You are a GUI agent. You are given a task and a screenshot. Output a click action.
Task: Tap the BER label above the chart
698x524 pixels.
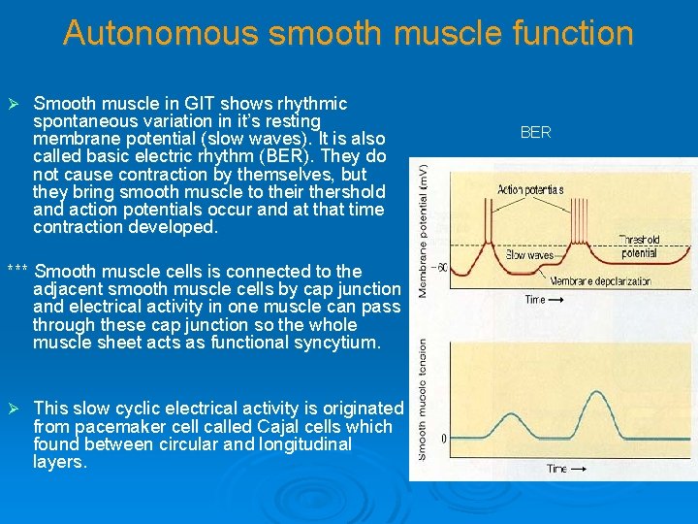tap(535, 132)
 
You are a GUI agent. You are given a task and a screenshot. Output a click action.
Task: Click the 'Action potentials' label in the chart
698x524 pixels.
tap(530, 189)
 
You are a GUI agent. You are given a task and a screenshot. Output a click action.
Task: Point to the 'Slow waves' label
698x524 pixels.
tap(530, 255)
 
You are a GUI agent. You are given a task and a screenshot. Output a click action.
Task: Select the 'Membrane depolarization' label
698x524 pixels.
tap(604, 281)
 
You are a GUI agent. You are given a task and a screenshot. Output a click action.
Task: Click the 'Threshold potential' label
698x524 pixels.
tap(639, 246)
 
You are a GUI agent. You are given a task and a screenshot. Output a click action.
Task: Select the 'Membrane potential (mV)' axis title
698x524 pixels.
tap(423, 229)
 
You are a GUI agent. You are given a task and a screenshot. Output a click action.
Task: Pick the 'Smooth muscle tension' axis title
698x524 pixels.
tap(423, 398)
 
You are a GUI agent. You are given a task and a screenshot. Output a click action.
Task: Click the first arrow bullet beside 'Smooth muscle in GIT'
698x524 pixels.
tap(13, 104)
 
